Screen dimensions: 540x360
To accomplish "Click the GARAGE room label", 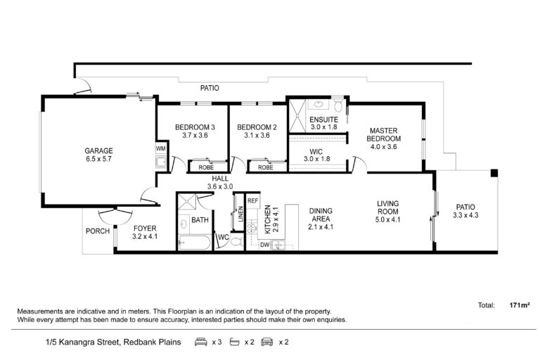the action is click(99, 150).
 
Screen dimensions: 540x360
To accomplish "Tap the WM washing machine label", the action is click(161, 149).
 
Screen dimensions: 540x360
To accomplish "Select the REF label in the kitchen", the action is click(253, 201).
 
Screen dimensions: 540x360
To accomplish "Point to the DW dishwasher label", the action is click(265, 245).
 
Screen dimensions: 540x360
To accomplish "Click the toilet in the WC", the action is click(236, 240).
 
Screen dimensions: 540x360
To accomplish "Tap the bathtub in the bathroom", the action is click(195, 243).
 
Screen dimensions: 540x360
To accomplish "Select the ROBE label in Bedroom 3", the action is click(206, 167).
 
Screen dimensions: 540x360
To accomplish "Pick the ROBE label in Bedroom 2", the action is click(266, 167).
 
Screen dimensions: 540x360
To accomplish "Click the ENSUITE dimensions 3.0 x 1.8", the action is click(323, 127).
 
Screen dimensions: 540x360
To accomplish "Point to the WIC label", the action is click(316, 152).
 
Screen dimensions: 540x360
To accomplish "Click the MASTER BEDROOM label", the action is click(384, 135).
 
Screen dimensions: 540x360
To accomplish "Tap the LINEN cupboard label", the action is click(240, 214).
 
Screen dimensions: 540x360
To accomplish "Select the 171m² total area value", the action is click(520, 305).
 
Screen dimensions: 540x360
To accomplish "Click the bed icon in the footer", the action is click(201, 342).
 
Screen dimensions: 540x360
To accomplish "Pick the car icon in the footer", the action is click(267, 342).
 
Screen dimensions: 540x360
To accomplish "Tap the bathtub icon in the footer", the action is click(235, 342).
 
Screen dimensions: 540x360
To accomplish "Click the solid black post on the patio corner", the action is click(494, 173).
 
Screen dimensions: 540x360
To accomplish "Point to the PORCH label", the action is click(98, 231).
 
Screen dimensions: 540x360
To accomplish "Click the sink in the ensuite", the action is click(318, 103).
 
